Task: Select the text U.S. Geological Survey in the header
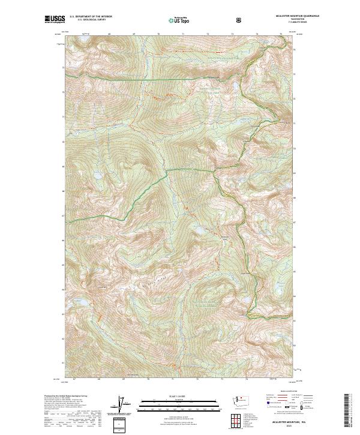coord(91,21)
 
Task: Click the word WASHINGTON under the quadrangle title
coord(281,20)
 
